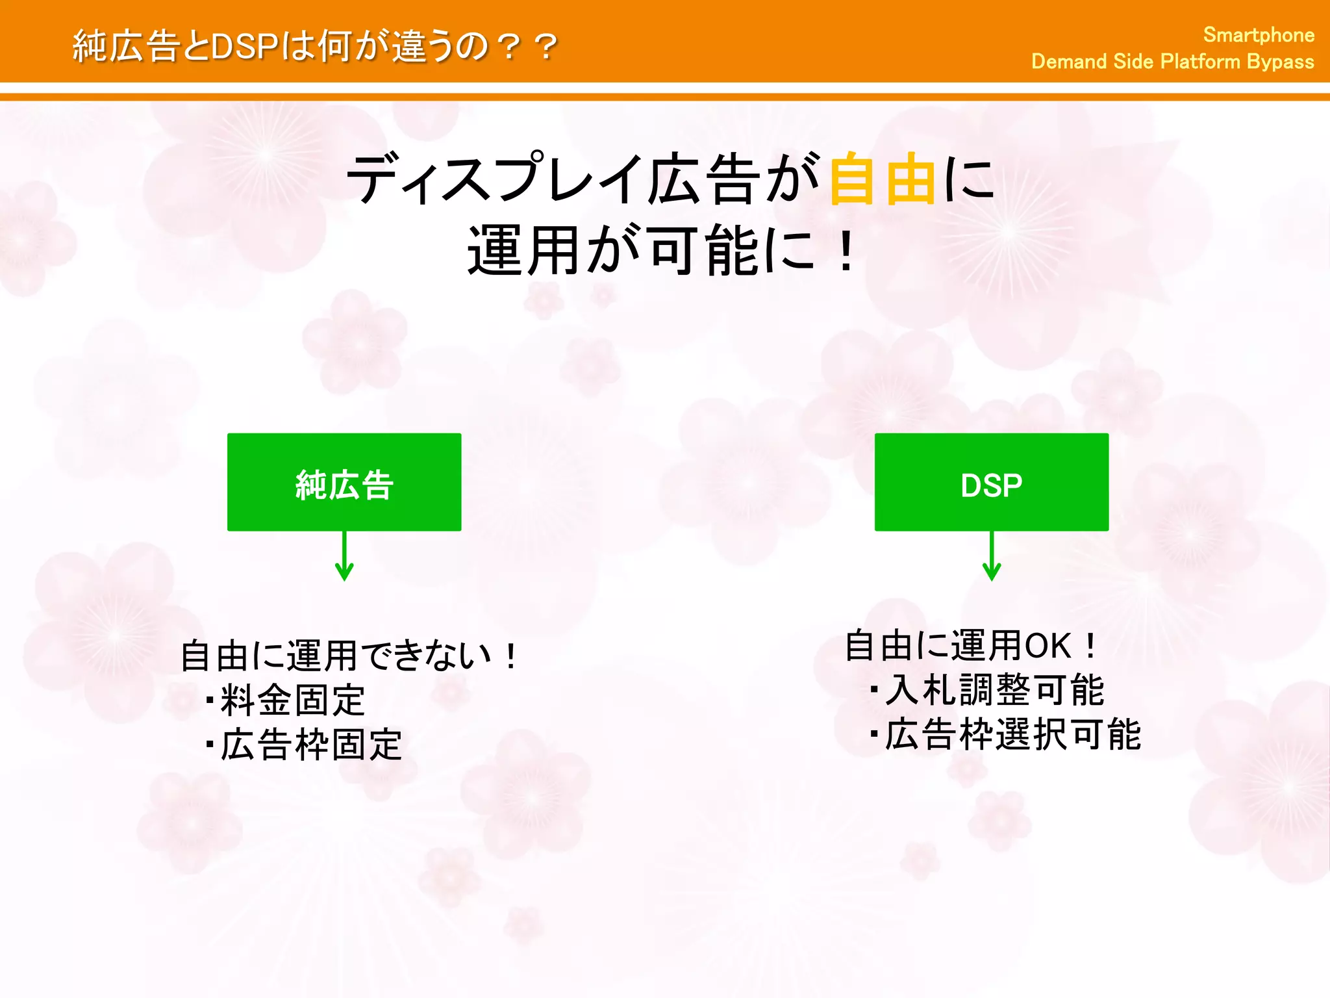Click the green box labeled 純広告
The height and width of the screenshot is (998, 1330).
click(344, 482)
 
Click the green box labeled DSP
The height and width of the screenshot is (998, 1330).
click(991, 482)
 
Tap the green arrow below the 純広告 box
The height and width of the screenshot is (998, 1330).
click(344, 557)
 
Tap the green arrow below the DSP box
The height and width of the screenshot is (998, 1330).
click(992, 557)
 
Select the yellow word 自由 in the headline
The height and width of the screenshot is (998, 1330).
click(883, 179)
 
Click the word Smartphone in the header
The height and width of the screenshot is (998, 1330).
click(1259, 35)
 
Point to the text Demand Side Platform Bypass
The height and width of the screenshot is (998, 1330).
click(1172, 62)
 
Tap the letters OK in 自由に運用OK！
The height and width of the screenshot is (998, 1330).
click(1047, 646)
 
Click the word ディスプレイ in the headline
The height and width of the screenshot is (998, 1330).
click(494, 179)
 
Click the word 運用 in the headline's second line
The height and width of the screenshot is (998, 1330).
click(523, 251)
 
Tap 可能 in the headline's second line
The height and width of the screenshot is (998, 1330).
click(705, 251)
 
